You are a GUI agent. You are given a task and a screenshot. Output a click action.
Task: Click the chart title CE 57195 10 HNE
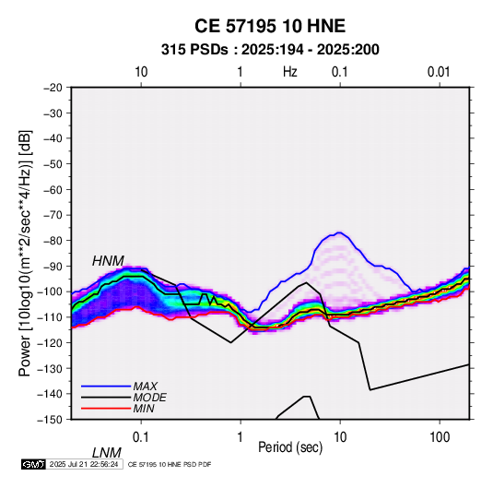tap(270, 26)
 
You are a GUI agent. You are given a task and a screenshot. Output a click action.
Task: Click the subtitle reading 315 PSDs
tap(194, 50)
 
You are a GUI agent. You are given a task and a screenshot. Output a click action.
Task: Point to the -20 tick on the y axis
tap(53, 88)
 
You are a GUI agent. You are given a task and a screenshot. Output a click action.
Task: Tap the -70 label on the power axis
tap(53, 215)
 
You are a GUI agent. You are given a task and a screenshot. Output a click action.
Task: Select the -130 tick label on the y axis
tap(51, 368)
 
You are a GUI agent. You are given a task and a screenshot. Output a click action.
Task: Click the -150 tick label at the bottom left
tap(51, 419)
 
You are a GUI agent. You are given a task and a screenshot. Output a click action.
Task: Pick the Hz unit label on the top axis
tap(290, 72)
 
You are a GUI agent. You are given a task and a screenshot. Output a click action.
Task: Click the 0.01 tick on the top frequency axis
tap(439, 72)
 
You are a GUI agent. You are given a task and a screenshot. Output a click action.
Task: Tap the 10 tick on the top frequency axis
tap(141, 72)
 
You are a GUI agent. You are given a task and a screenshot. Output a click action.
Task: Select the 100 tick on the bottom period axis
tap(440, 437)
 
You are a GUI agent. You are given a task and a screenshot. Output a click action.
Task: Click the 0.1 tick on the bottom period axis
tap(140, 437)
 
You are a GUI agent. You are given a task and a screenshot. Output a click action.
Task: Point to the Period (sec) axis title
tap(290, 447)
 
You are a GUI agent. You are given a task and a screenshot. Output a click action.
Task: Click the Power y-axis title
tap(25, 253)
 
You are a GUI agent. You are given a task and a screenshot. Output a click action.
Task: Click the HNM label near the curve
tap(108, 261)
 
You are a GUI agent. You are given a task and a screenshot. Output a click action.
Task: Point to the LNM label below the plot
tap(107, 453)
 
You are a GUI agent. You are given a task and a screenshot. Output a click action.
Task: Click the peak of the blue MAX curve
tap(339, 232)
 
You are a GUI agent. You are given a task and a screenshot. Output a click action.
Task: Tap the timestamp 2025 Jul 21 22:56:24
tap(84, 464)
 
